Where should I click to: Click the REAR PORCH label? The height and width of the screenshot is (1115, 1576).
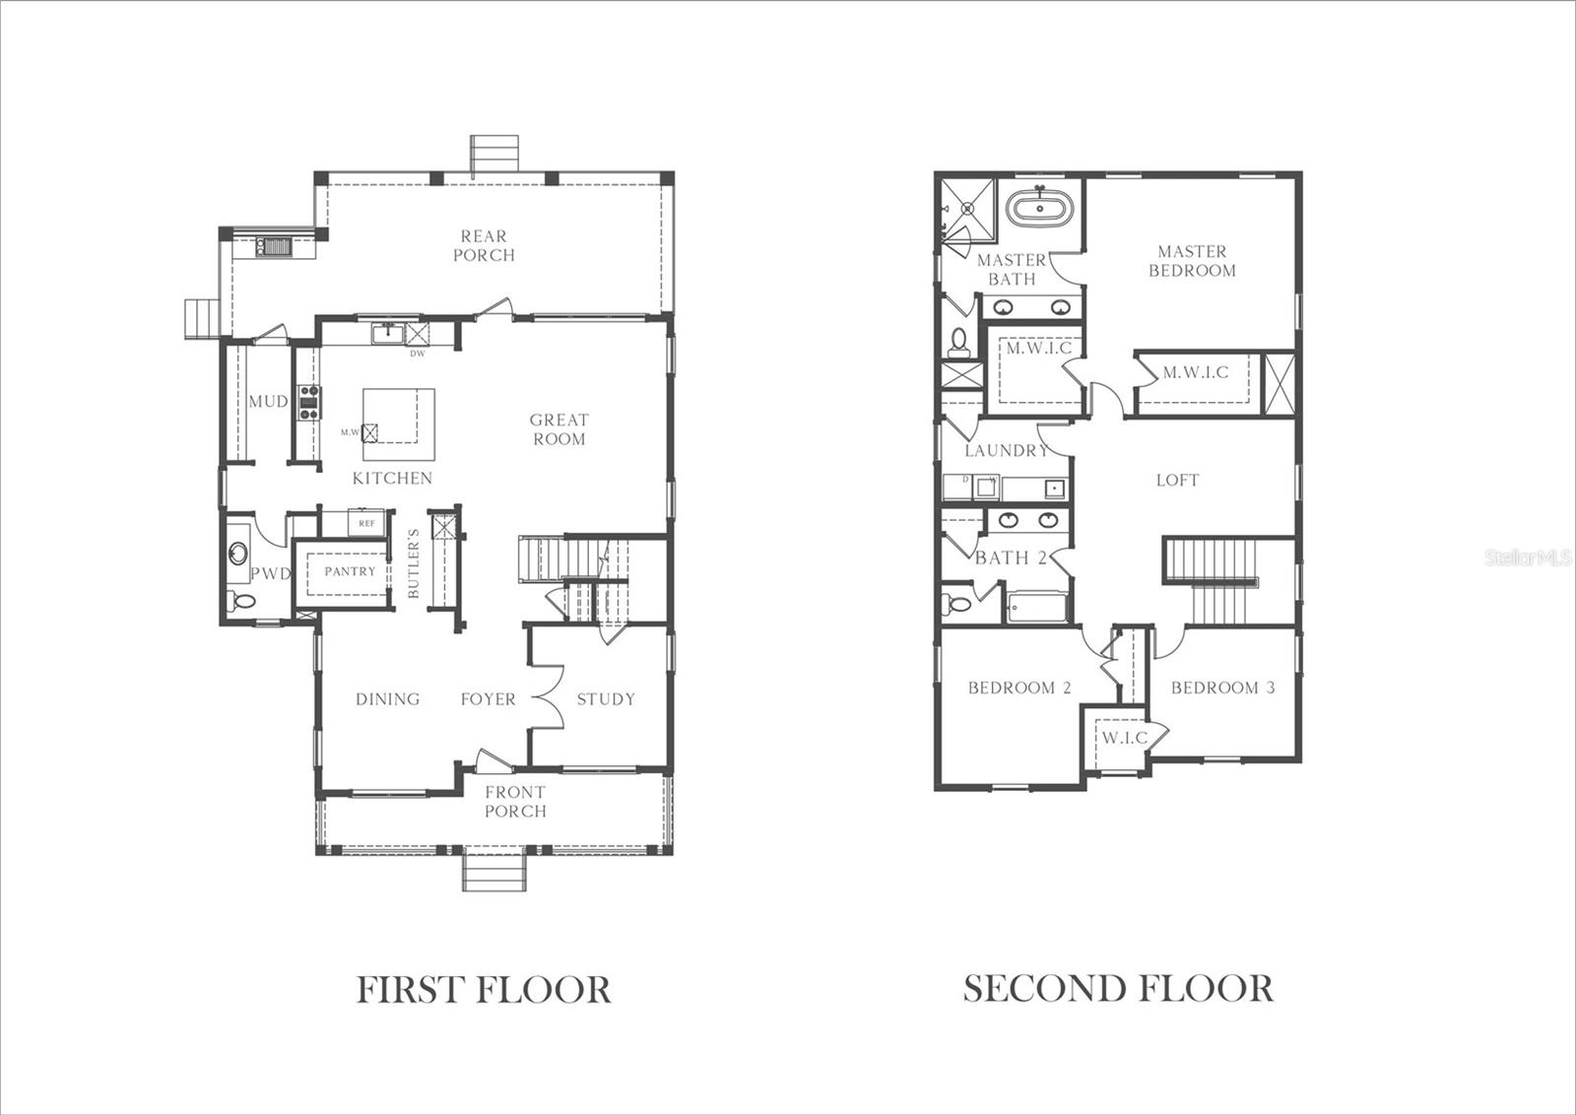(x=484, y=245)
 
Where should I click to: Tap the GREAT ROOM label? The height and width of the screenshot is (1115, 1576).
(x=559, y=429)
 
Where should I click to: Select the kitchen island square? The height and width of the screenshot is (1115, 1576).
(x=399, y=424)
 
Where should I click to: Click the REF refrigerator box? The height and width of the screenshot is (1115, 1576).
(x=366, y=523)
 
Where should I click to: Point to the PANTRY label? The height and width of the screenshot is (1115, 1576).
(x=351, y=571)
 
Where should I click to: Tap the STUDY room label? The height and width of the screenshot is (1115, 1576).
(x=606, y=699)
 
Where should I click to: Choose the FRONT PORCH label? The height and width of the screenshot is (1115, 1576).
(x=515, y=802)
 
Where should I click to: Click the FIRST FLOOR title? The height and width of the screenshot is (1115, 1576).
(x=484, y=989)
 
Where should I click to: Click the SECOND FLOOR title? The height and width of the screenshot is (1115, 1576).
(x=1118, y=988)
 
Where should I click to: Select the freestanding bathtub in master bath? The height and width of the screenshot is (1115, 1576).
(x=1041, y=210)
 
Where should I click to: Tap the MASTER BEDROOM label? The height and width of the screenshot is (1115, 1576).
(x=1192, y=261)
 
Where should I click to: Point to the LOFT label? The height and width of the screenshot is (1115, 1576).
(x=1177, y=481)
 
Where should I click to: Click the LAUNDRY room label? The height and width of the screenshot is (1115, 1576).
(x=1006, y=451)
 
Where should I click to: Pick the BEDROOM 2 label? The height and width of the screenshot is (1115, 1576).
(x=1019, y=688)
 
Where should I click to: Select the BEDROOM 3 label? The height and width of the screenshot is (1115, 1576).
(x=1222, y=688)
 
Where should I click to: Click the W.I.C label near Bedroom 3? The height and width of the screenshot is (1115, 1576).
(x=1124, y=738)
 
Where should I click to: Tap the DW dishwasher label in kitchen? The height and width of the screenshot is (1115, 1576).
(x=417, y=354)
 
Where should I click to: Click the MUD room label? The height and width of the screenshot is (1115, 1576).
(x=268, y=402)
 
